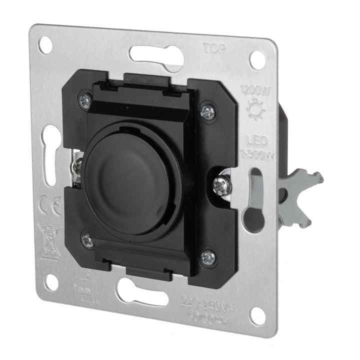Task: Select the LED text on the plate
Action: point(254,139)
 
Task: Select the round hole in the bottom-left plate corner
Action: point(50,282)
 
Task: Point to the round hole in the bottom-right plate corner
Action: point(258,314)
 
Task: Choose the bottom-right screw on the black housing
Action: point(207,257)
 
